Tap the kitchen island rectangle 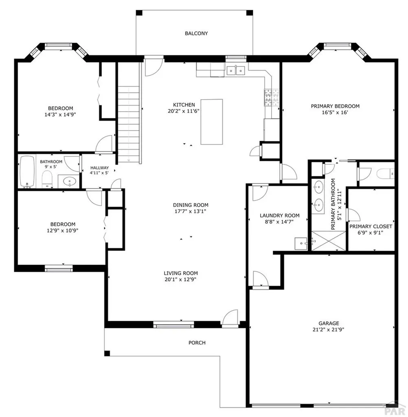tap(212, 121)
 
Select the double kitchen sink tap(236, 71)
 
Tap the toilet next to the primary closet tap(385, 175)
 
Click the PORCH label tap(197, 342)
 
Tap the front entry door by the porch tap(230, 318)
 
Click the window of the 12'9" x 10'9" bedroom tap(59, 268)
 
